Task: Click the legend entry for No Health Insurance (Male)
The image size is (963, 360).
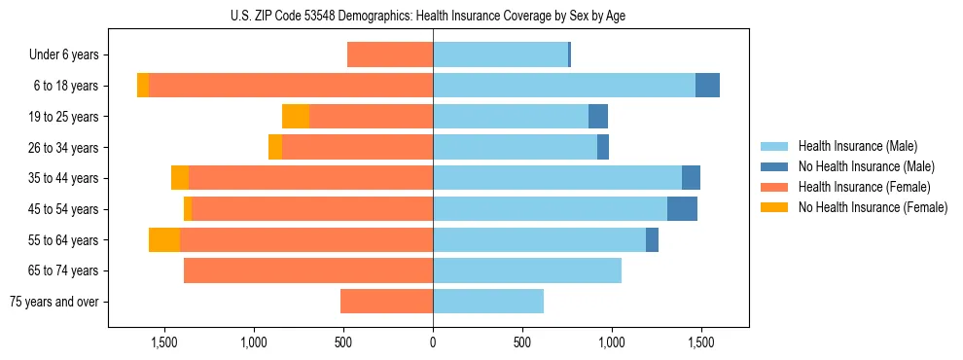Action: tap(857, 167)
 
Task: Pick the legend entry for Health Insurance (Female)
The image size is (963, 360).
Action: tap(856, 187)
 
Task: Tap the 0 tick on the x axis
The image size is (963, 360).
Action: tap(433, 343)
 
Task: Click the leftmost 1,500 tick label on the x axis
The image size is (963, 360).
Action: tap(164, 343)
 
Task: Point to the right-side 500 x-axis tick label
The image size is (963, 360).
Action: tap(522, 343)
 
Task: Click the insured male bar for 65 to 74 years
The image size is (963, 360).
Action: tap(527, 270)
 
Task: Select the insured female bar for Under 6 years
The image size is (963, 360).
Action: tap(390, 55)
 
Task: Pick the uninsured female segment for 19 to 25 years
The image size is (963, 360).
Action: tap(296, 117)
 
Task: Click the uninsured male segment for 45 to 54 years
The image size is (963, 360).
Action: tap(682, 209)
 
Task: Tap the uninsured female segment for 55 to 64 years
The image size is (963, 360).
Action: tap(164, 240)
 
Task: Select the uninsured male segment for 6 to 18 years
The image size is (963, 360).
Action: tap(707, 86)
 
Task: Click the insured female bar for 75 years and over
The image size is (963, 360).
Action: tap(386, 302)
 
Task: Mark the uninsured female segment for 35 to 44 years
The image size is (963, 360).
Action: tap(180, 178)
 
